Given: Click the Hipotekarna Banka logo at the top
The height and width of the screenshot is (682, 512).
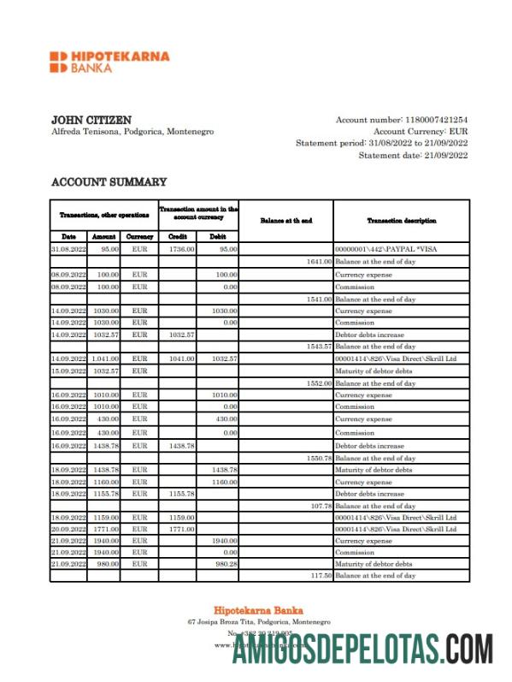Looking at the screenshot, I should point(109,62).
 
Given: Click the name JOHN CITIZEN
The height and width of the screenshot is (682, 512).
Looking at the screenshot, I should point(91,121).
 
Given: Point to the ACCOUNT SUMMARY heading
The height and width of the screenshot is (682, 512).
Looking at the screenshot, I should point(109,182).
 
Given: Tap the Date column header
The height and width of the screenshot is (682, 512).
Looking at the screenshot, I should point(68,236).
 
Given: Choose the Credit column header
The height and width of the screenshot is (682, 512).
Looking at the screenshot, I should point(178,236).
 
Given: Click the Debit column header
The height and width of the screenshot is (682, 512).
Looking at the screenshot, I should point(218,236).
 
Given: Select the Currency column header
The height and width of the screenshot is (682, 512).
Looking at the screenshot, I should point(139,236).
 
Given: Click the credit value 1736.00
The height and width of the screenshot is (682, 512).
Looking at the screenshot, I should point(182,249).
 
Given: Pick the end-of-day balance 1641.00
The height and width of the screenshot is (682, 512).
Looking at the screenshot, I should point(318,261).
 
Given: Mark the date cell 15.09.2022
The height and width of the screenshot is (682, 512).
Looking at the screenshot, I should point(68,371).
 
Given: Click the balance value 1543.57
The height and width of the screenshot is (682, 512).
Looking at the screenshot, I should point(318,347).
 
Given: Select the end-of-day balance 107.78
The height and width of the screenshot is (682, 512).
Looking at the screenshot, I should point(320,506).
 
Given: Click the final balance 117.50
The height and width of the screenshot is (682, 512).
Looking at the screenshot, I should point(320,576).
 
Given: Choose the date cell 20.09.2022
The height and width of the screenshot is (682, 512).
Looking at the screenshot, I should point(68,529).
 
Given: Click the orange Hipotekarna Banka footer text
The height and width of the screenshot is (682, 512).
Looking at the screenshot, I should point(255,609).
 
